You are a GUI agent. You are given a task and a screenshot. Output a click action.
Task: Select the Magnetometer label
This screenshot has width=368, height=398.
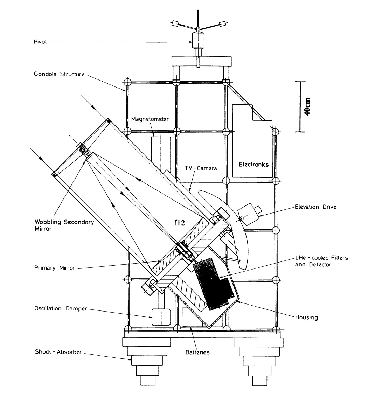tap(150, 119)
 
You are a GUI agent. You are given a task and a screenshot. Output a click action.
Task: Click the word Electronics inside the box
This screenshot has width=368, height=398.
tap(254, 164)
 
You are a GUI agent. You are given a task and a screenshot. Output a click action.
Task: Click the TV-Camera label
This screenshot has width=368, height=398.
tap(201, 168)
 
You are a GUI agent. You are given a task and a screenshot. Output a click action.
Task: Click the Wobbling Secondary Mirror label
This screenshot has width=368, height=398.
tap(64, 226)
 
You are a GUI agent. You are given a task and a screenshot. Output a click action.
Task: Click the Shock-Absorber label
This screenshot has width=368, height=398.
tap(58, 352)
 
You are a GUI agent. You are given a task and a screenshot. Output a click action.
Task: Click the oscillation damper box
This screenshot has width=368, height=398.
tap(161, 316)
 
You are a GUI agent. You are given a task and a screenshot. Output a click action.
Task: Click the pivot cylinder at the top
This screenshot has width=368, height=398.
tap(198, 40)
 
